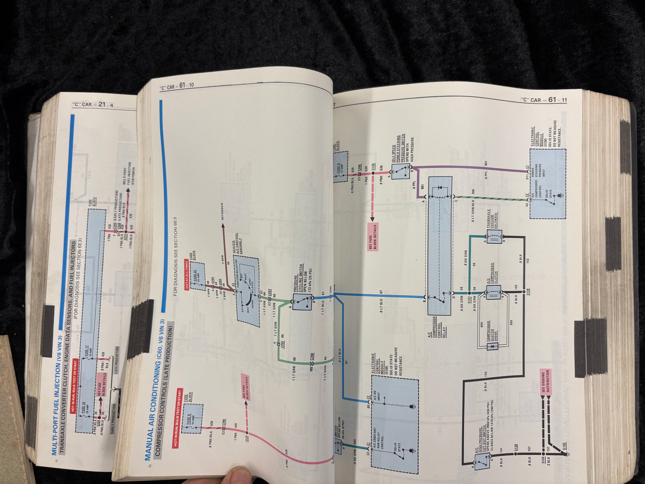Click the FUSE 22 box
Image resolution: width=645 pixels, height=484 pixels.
point(197,277)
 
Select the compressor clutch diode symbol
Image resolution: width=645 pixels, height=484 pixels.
point(492,346)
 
